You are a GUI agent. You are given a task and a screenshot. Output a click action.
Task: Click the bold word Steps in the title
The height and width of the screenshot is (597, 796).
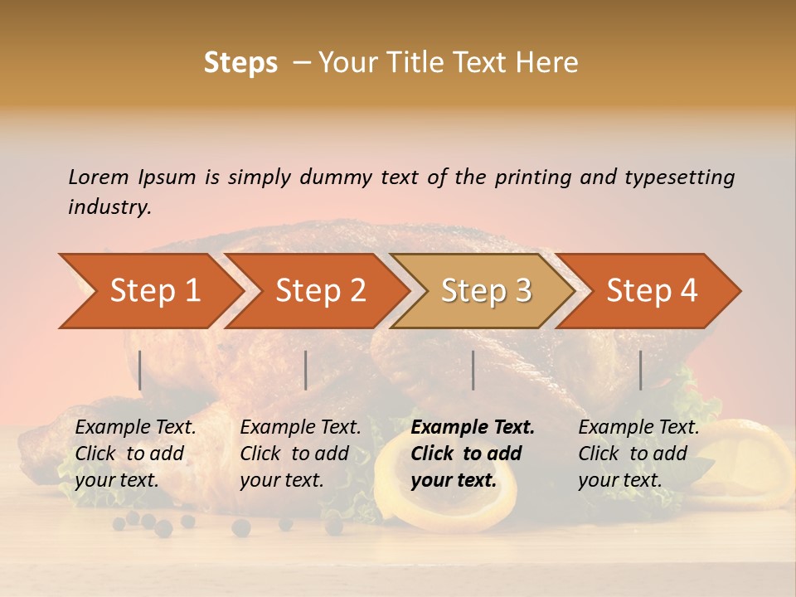(x=240, y=62)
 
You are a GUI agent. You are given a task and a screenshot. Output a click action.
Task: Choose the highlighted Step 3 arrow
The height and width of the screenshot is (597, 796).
(x=486, y=290)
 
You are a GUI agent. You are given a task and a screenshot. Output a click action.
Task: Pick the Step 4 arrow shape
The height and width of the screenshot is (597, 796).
(x=652, y=290)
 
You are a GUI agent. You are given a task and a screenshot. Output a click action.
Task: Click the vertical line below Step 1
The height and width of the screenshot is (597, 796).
(x=140, y=370)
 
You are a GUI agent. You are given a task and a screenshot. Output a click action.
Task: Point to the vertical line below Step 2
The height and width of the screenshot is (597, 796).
(x=306, y=370)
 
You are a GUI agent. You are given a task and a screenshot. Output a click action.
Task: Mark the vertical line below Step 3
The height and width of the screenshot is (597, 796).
(x=473, y=370)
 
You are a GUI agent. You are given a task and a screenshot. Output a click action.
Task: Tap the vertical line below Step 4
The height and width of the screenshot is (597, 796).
(x=640, y=370)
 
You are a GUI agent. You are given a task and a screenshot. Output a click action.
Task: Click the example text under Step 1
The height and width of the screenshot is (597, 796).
(x=135, y=454)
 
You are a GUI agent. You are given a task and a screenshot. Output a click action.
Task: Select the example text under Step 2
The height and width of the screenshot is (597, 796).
(x=300, y=454)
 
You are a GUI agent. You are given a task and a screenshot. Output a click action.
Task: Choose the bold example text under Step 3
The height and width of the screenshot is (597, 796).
(x=473, y=454)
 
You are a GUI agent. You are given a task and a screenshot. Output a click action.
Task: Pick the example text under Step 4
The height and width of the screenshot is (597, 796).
(x=638, y=454)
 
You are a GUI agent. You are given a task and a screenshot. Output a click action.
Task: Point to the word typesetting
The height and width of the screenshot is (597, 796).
(x=679, y=177)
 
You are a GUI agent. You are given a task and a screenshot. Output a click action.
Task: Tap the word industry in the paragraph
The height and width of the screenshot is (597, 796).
(x=109, y=206)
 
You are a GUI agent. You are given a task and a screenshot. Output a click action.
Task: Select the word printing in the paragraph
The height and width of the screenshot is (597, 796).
(x=534, y=177)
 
